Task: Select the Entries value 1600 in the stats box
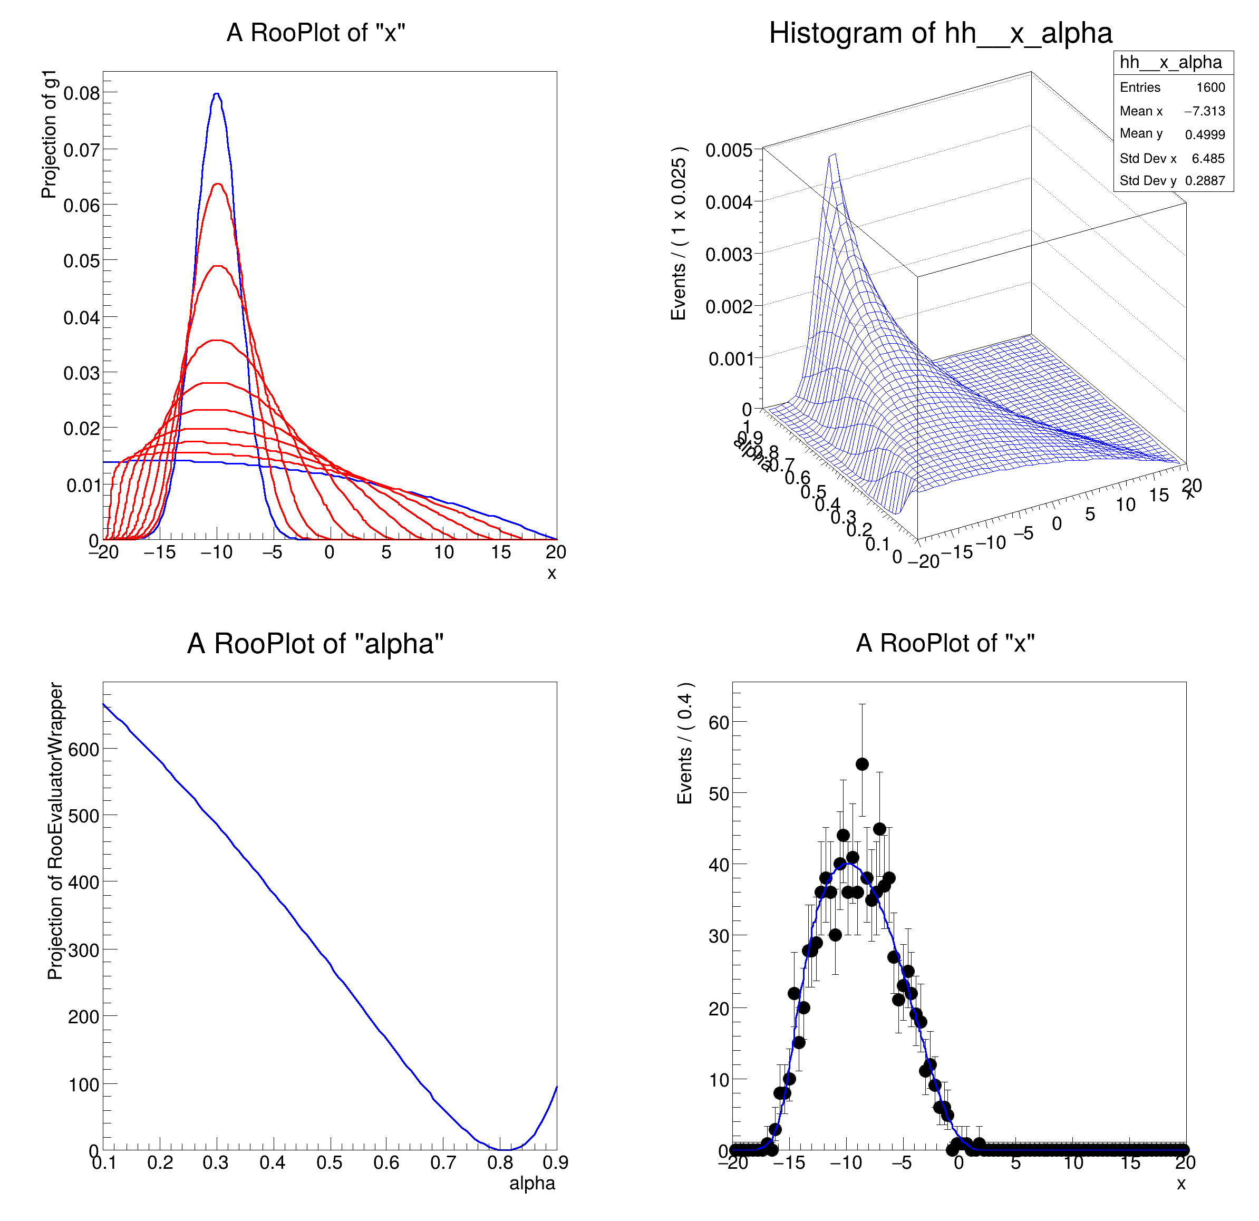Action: [1210, 88]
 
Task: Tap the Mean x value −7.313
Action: [1204, 111]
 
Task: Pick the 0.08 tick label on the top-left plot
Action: [82, 94]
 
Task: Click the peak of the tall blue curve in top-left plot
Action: [217, 94]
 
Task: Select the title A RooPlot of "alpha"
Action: [315, 644]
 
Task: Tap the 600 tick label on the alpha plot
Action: [83, 750]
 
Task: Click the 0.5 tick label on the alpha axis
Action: [330, 1162]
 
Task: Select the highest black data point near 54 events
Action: [862, 764]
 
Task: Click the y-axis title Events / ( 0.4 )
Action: [685, 743]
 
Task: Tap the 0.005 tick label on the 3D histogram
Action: [729, 150]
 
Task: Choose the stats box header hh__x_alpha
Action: [1170, 62]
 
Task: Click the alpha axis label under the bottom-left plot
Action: [532, 1183]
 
